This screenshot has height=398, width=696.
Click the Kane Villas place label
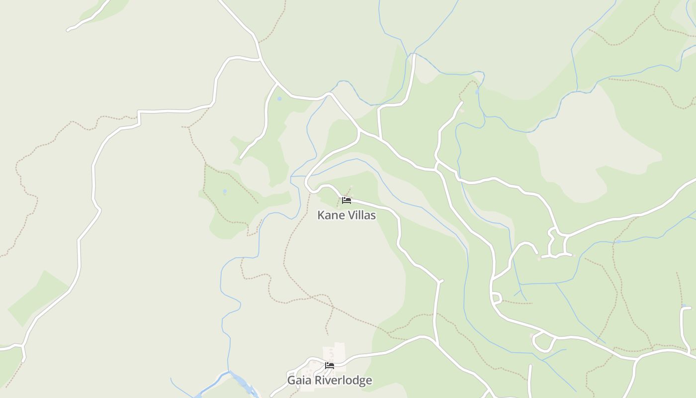[x=347, y=215]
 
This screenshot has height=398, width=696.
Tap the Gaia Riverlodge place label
[x=329, y=381]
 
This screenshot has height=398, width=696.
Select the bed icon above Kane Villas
[x=347, y=200]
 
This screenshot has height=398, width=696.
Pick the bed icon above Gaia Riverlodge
[x=329, y=366]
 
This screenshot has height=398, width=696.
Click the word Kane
[x=330, y=215]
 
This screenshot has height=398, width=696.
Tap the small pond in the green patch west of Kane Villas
[x=225, y=191]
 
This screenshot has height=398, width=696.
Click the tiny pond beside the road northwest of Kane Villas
[x=279, y=99]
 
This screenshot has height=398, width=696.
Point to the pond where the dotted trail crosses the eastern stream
[x=618, y=242]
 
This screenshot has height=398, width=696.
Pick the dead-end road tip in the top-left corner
[x=69, y=30]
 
